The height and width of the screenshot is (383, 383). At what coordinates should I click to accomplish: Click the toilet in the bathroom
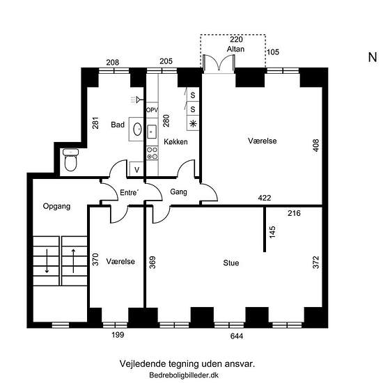click(71, 159)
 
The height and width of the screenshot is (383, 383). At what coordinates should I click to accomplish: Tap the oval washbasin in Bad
click(137, 129)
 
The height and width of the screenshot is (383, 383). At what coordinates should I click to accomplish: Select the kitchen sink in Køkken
click(152, 132)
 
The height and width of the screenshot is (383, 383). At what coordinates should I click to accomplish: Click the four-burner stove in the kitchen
click(153, 153)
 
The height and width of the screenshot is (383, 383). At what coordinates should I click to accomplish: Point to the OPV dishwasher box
click(153, 110)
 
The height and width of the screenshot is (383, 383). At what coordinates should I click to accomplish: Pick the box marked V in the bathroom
click(136, 169)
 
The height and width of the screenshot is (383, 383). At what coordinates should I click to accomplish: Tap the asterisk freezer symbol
click(193, 123)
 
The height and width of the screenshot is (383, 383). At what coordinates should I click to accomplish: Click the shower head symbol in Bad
click(136, 100)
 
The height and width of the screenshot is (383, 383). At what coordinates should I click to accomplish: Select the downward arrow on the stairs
click(47, 261)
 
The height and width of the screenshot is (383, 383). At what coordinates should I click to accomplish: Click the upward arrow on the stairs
click(73, 261)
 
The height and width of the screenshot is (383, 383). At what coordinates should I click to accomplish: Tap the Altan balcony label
click(235, 49)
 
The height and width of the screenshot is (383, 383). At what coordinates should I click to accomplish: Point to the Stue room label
click(231, 263)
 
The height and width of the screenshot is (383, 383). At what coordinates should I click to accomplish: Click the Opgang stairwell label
click(56, 206)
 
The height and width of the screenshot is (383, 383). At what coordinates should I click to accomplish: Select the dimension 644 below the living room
click(237, 336)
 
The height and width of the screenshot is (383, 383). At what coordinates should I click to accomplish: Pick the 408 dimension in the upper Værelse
click(316, 146)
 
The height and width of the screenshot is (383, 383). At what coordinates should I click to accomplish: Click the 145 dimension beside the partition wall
click(272, 232)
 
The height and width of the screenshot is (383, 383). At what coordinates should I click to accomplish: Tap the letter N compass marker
click(373, 57)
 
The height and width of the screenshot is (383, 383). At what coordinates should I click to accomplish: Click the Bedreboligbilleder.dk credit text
click(184, 375)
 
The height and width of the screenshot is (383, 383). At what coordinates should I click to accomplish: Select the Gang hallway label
click(178, 191)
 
